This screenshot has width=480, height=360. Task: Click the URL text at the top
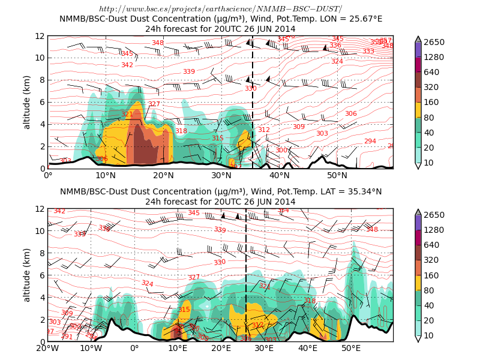pos(220,9)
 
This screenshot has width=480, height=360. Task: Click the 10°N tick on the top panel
pos(106,175)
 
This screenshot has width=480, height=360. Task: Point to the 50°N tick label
pos(337,175)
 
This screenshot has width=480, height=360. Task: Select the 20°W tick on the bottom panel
pos(48,348)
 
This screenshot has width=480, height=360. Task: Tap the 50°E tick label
pos(351,348)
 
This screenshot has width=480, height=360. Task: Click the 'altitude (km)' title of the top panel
pos(27,102)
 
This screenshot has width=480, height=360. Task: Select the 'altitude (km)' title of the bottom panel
pos(27,275)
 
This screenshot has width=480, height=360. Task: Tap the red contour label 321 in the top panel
pos(127,114)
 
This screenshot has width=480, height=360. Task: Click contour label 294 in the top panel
pos(370,142)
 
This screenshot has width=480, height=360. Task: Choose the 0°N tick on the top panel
pos(48,175)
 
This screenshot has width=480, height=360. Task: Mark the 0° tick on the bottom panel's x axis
pos(134,348)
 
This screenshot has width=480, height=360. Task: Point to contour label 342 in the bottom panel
pos(59,211)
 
